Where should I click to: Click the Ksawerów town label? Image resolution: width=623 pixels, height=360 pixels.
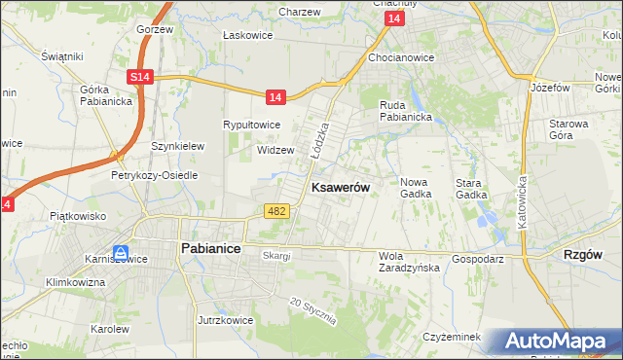pyautogui.click(x=340, y=188)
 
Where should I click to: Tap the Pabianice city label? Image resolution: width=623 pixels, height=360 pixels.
pyautogui.click(x=211, y=248)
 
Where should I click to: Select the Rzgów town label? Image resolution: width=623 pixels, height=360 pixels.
pyautogui.click(x=584, y=253)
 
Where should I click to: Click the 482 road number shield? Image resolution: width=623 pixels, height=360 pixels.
pyautogui.click(x=275, y=210)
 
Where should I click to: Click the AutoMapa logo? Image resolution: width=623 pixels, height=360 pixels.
pyautogui.click(x=558, y=342)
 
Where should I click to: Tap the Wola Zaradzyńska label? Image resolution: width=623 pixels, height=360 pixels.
pyautogui.click(x=409, y=264)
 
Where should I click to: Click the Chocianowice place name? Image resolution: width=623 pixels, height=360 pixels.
pyautogui.click(x=401, y=57)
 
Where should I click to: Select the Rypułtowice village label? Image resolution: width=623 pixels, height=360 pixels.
pyautogui.click(x=252, y=125)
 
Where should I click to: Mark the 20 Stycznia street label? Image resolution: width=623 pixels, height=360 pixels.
pyautogui.click(x=313, y=312)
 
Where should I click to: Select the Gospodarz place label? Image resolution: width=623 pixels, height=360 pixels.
pyautogui.click(x=477, y=260)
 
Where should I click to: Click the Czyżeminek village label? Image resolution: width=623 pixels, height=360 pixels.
pyautogui.click(x=453, y=337)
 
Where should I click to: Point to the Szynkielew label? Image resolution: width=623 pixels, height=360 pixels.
pyautogui.click(x=177, y=146)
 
